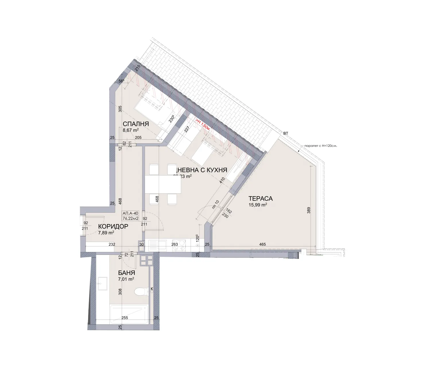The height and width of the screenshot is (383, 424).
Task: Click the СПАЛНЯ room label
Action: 136,124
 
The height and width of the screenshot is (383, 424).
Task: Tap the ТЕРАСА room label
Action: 261,199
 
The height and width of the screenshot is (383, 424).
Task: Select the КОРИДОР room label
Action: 113,226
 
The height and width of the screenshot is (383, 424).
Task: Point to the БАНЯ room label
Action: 126,273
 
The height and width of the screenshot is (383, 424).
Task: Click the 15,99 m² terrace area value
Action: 258,205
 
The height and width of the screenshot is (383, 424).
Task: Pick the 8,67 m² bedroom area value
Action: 131,130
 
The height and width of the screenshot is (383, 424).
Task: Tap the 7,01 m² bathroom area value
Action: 126,279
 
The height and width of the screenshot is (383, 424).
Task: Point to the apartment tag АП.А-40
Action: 130,213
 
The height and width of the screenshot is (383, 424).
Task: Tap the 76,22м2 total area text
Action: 130,218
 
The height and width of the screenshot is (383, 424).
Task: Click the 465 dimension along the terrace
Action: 262,245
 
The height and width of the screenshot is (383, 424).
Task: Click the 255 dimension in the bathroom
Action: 125,318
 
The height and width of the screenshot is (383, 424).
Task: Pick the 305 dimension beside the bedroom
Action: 120,109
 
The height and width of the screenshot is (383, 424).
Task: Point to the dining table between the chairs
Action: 163,184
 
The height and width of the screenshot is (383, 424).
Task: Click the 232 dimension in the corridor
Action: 112,245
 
